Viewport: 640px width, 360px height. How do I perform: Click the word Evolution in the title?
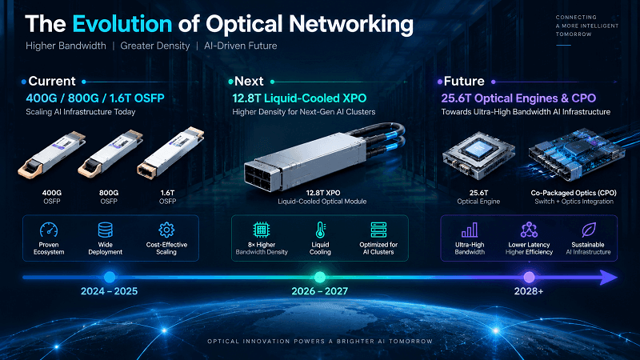tap(122, 24)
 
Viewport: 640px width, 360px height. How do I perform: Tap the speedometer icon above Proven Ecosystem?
tap(49, 230)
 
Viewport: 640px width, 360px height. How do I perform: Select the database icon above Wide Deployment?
tap(106, 230)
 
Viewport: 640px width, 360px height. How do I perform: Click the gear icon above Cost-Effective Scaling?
tap(166, 230)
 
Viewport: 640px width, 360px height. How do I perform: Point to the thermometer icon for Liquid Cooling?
tap(321, 230)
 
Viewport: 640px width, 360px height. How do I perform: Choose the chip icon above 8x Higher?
tap(262, 230)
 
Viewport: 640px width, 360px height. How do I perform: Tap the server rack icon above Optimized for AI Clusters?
tap(378, 230)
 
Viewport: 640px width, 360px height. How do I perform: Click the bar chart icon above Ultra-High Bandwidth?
tap(470, 230)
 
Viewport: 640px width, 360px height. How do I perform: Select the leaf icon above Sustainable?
tap(588, 230)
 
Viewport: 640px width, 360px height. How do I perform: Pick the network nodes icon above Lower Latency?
tap(529, 230)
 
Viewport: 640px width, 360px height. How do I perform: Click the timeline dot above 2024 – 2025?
tap(110, 277)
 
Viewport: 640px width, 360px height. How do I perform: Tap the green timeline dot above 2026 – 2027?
tap(320, 277)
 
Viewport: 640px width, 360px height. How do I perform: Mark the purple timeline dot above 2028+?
tap(529, 277)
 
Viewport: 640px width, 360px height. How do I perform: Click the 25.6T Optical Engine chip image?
tap(478, 156)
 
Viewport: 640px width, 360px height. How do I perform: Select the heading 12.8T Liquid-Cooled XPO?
tap(299, 98)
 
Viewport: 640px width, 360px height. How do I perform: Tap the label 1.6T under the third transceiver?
tap(167, 193)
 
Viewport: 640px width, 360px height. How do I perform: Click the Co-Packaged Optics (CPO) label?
tap(574, 193)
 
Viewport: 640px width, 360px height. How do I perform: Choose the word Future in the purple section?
tap(464, 82)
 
